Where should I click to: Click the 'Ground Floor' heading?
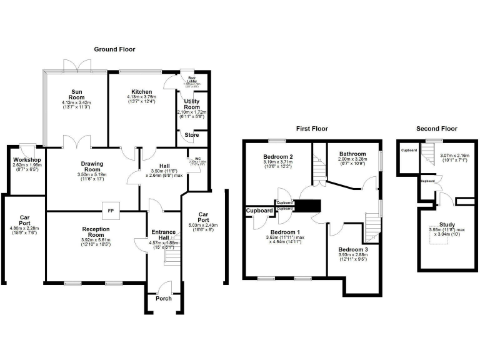tap(114, 49)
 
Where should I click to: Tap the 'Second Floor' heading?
tap(436, 129)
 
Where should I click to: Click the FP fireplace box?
tap(111, 211)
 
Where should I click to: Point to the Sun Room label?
tap(77, 95)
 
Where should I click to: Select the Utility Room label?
tap(191, 104)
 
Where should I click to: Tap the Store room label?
tap(191, 135)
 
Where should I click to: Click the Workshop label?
tap(27, 159)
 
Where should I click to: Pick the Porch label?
tap(164, 298)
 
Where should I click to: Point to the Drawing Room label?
tap(92, 166)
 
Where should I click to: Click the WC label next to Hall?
tap(197, 159)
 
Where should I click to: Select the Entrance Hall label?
tap(164, 236)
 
